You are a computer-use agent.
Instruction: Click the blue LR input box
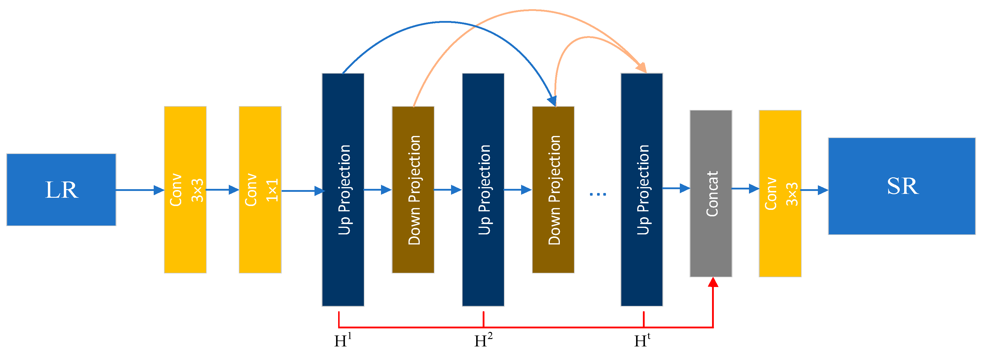[x=61, y=189]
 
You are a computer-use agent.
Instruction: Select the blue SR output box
[x=902, y=186]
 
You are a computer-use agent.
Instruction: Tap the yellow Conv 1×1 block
[x=260, y=189]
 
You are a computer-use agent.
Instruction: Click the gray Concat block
[x=711, y=193]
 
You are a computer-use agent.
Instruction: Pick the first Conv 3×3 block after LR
[x=185, y=189]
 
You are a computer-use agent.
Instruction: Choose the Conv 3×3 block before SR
[x=780, y=193]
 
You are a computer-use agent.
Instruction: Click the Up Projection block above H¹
[x=343, y=189]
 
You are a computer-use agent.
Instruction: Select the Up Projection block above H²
[x=483, y=189]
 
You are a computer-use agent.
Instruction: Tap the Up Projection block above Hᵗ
[x=641, y=189]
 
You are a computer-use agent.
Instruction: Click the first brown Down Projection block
[x=413, y=189]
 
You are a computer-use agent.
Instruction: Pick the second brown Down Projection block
[x=553, y=189]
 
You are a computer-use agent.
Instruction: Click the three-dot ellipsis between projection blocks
[x=598, y=194]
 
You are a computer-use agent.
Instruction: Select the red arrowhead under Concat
[x=713, y=283]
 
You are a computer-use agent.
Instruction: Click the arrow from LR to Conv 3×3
[x=140, y=190]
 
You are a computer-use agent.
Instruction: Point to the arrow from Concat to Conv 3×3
[x=745, y=189]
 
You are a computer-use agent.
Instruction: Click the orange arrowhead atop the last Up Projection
[x=641, y=68]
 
